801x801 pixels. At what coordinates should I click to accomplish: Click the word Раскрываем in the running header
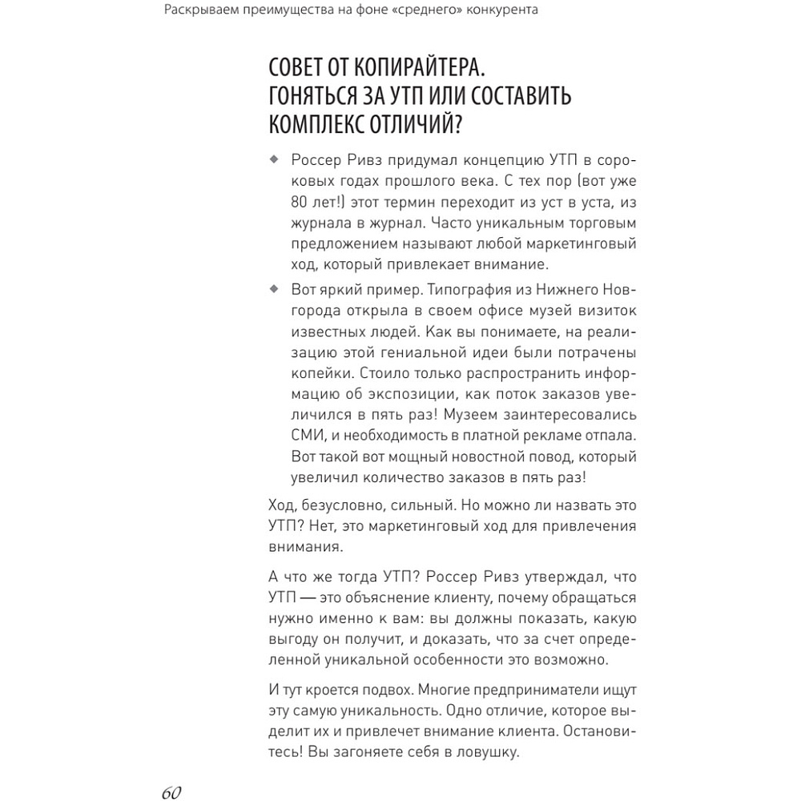tap(199, 10)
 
